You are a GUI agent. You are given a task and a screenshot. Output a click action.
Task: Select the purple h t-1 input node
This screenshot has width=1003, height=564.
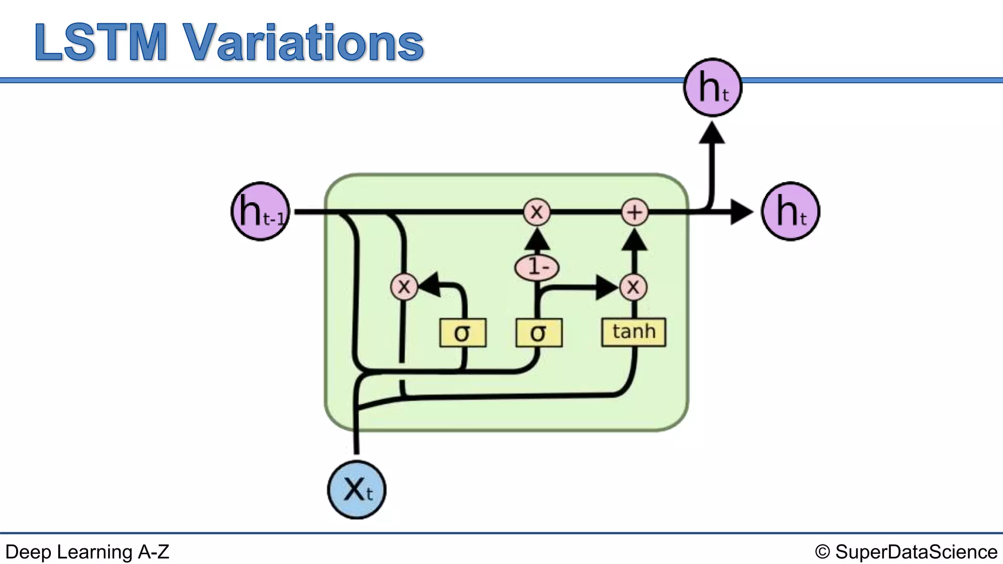(261, 211)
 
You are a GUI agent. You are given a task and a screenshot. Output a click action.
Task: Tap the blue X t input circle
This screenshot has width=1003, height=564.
(357, 490)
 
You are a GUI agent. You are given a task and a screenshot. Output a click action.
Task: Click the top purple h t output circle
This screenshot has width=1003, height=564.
(713, 87)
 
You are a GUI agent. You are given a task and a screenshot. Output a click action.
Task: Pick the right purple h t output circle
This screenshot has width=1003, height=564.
(790, 211)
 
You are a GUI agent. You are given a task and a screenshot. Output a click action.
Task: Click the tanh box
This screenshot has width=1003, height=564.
(633, 332)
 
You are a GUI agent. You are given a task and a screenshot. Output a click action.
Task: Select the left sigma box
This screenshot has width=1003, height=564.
(462, 333)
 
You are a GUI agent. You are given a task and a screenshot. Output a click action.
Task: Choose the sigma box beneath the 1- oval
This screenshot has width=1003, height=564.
(538, 333)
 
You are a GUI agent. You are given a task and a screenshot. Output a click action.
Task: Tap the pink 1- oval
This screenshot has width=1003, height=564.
(537, 267)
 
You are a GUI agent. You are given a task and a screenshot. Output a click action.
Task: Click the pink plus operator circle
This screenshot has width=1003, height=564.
(635, 212)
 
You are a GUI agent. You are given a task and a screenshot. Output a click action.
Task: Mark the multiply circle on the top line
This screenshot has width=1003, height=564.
(537, 212)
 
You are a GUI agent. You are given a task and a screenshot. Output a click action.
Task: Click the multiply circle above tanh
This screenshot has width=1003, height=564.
(633, 287)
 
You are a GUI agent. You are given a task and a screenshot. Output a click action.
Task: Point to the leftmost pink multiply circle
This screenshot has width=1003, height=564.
(404, 286)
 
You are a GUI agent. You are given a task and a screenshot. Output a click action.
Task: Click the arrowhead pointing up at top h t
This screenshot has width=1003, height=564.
(712, 133)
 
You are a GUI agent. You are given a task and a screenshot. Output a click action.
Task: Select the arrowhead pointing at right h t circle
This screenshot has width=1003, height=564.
(740, 212)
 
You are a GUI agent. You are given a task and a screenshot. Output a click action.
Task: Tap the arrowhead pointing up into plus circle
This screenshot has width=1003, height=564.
(635, 239)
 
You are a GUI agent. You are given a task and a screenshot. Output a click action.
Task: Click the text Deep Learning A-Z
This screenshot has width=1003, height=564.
(87, 552)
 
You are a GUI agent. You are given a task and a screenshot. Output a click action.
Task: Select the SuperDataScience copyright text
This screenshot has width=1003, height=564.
(906, 552)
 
